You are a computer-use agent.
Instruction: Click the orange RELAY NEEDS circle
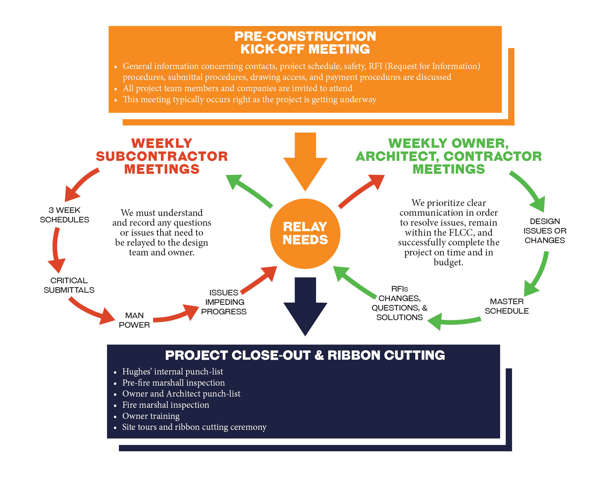click(305, 234)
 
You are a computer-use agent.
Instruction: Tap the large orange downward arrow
click(305, 161)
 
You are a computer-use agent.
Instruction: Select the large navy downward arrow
click(305, 307)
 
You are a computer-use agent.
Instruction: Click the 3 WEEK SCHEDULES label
click(64, 215)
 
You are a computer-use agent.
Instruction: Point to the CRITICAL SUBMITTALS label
click(69, 285)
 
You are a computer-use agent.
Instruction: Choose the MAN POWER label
click(134, 320)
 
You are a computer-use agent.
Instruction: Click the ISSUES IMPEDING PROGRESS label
click(224, 302)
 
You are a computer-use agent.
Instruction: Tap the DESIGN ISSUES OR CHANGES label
click(545, 231)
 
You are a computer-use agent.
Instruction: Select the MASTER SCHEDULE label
click(507, 306)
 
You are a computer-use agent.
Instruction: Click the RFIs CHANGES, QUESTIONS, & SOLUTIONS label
click(400, 303)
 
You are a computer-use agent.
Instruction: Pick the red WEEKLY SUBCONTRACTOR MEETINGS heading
click(162, 156)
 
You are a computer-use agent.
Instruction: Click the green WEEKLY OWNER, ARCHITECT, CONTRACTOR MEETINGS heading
click(449, 156)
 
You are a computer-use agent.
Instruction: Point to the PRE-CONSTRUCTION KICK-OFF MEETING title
click(305, 43)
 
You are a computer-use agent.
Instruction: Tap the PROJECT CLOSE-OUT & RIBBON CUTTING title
click(305, 355)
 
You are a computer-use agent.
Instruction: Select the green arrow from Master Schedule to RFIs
click(454, 321)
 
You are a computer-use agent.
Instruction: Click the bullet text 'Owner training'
click(151, 416)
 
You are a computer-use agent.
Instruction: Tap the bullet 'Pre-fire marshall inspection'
click(173, 383)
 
